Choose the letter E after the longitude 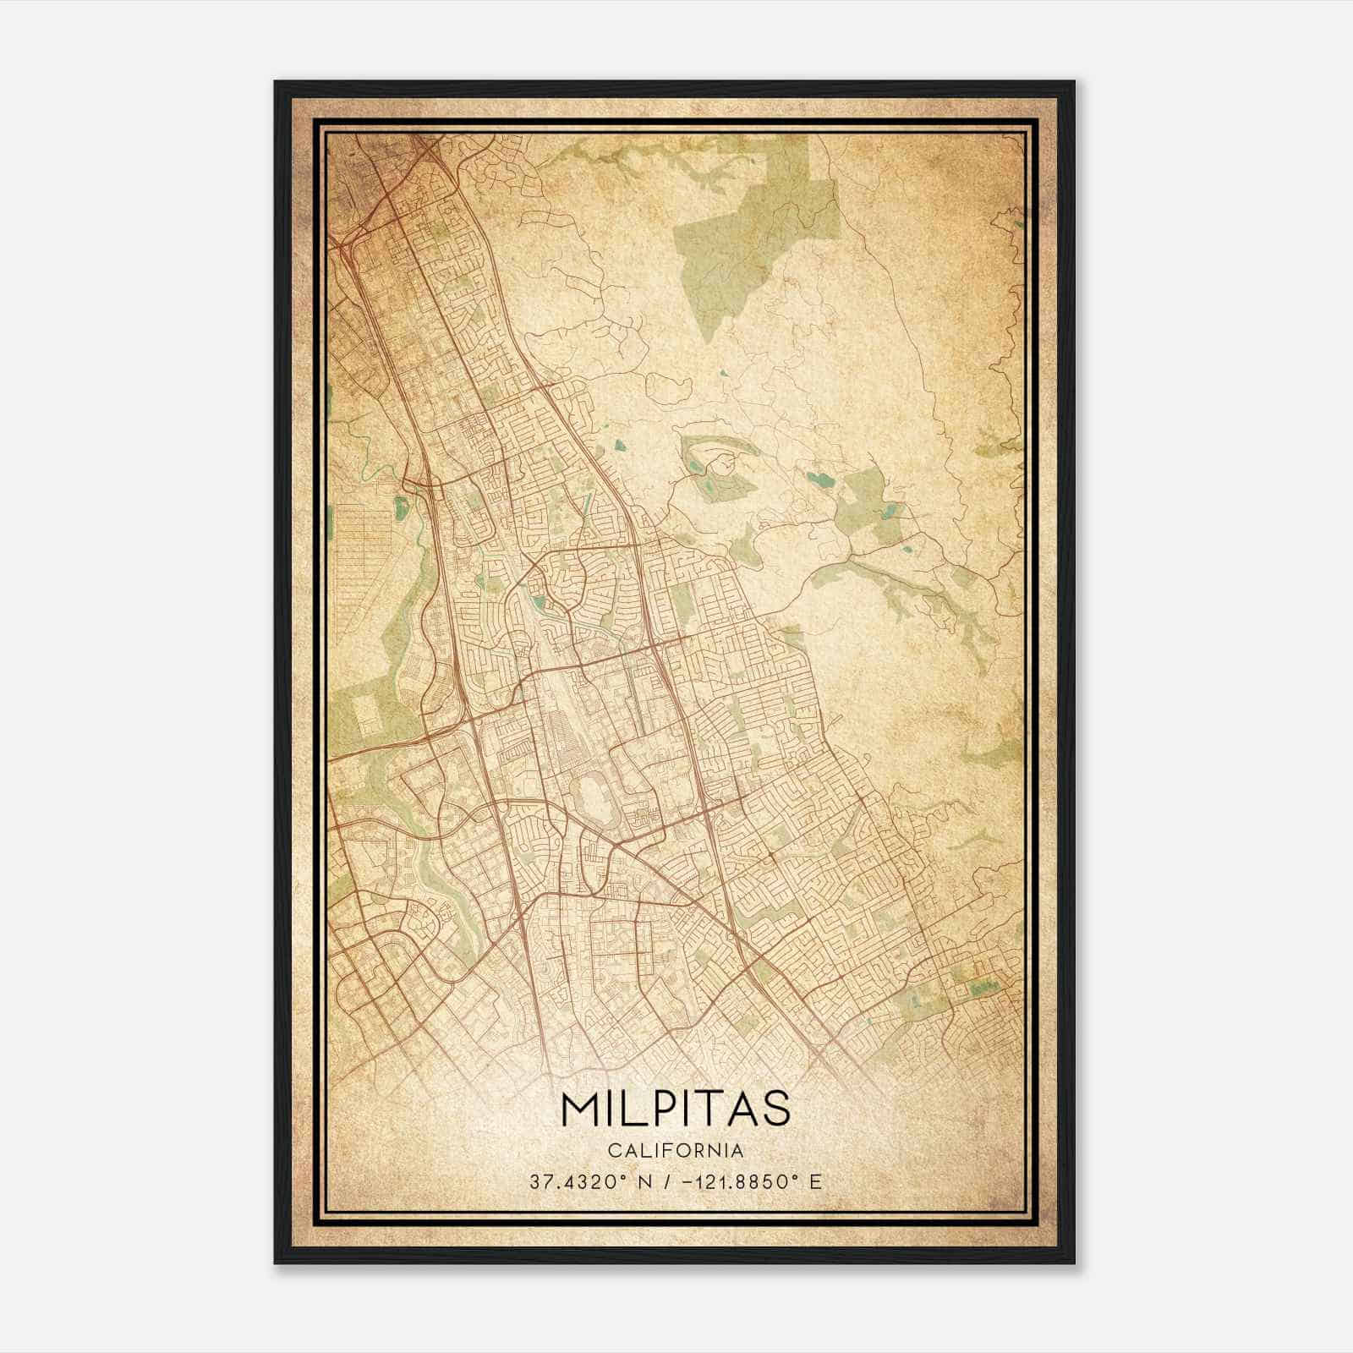(815, 1182)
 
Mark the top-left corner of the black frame (277, 83)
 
